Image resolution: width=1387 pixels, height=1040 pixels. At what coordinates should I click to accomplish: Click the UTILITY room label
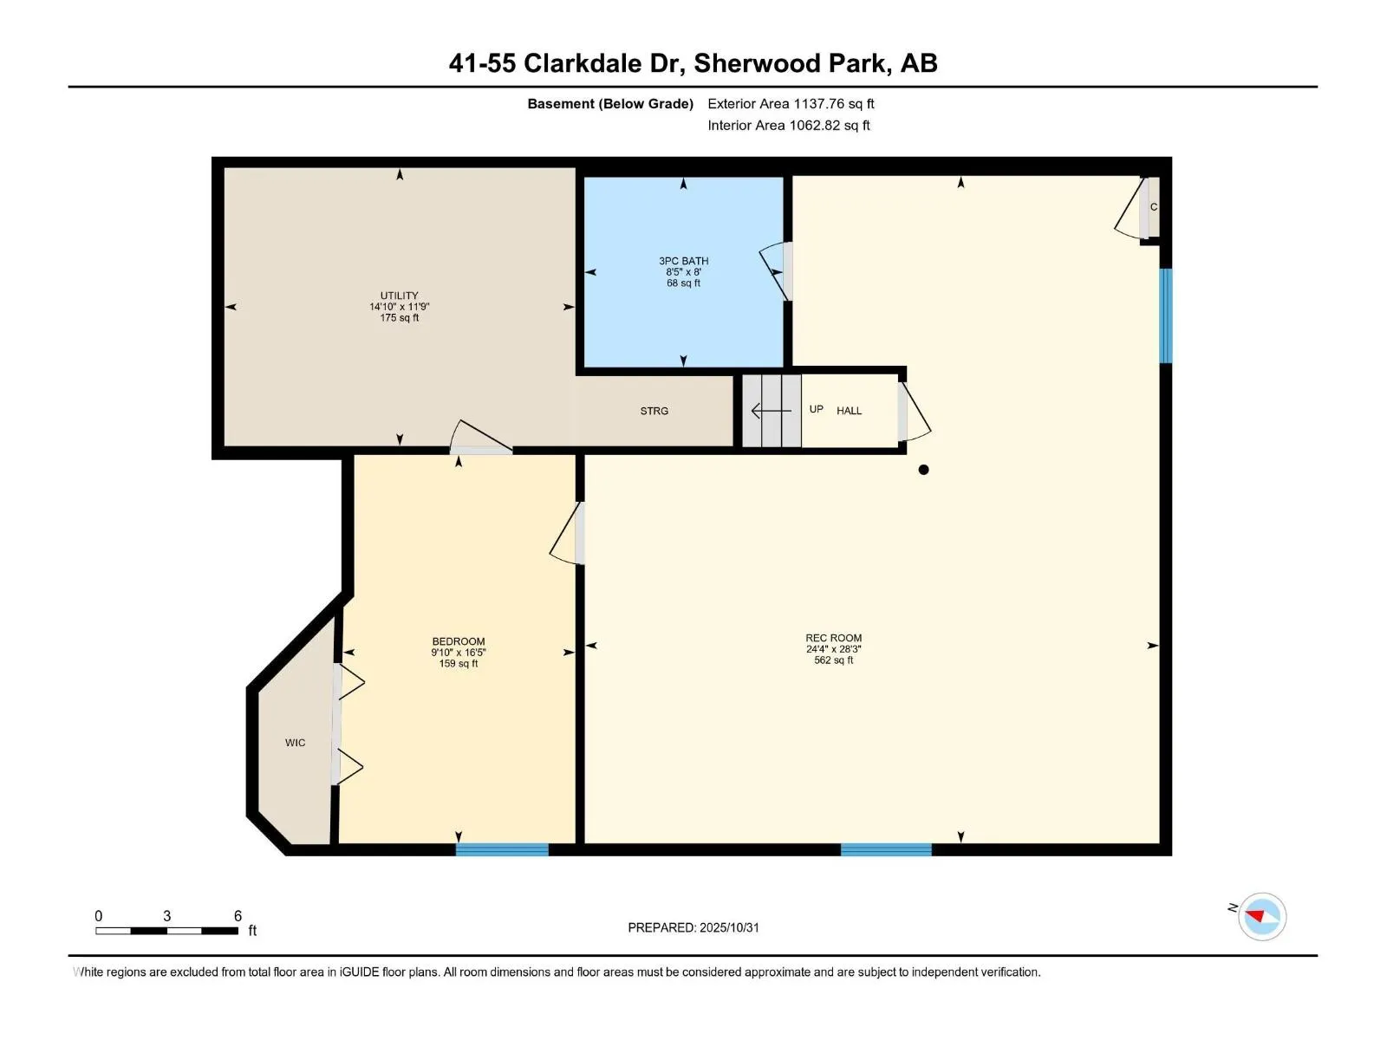(x=399, y=296)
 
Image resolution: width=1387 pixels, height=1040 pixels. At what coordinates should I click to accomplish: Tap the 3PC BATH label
(x=683, y=261)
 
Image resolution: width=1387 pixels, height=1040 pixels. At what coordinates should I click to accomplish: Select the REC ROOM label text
(x=833, y=638)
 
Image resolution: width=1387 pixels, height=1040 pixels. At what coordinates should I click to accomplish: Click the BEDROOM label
(x=458, y=642)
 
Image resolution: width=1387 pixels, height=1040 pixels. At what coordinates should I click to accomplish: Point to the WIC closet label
(x=295, y=743)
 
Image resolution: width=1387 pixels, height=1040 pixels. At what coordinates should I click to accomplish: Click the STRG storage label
(x=654, y=411)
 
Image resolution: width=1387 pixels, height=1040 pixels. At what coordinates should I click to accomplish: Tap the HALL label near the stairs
(x=849, y=411)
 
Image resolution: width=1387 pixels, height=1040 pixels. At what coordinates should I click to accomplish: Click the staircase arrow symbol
(x=770, y=411)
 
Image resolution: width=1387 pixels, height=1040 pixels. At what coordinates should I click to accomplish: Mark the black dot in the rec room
(x=923, y=470)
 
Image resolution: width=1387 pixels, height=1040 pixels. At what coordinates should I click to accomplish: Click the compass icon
(x=1261, y=916)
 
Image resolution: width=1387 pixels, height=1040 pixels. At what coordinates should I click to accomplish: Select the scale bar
(x=166, y=931)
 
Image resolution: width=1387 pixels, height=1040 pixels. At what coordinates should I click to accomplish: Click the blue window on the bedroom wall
(x=502, y=849)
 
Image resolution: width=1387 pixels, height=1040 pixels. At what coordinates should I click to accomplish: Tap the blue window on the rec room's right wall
(x=1166, y=315)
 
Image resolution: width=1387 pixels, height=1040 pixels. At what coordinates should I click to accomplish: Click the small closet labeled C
(x=1153, y=207)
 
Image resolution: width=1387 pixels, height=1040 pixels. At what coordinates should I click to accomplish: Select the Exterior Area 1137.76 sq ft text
(x=791, y=104)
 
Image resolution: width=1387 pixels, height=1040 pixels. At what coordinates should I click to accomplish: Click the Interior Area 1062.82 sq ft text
(x=788, y=126)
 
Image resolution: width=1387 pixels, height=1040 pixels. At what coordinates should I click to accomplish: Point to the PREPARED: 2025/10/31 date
(x=693, y=927)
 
